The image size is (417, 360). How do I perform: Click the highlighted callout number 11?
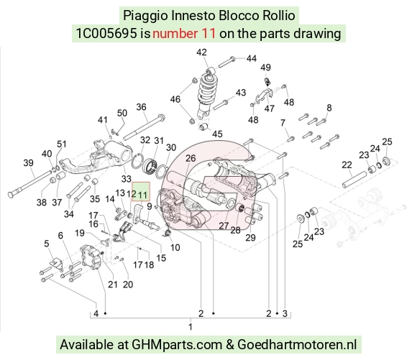(x=143, y=195)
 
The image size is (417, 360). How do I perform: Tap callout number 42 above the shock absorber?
(x=201, y=52)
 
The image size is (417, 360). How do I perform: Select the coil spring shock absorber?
(x=206, y=94)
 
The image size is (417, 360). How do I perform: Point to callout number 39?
(x=29, y=162)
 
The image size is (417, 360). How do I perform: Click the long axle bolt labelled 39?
(x=29, y=185)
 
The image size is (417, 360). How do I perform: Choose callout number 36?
(x=141, y=107)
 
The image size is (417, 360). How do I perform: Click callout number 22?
(x=347, y=165)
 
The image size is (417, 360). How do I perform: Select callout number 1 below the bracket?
(x=191, y=327)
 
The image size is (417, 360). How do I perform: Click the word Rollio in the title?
(x=279, y=15)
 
